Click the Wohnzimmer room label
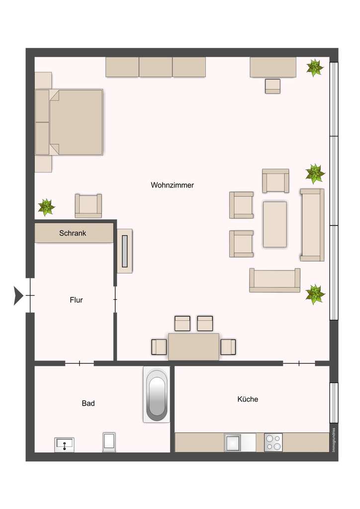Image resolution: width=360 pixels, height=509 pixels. [172, 185]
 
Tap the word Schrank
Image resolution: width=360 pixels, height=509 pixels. [73, 233]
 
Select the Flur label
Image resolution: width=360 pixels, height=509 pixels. [76, 300]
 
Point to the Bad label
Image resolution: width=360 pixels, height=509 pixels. [88, 404]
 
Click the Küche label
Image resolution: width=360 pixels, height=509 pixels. [248, 399]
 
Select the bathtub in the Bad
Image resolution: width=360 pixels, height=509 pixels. [157, 395]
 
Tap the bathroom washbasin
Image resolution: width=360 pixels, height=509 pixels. [64, 444]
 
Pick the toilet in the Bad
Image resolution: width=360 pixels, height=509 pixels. [109, 442]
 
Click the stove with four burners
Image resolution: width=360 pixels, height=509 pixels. [273, 442]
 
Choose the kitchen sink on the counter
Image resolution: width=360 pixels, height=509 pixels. [233, 442]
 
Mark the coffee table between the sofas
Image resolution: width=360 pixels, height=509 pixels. [274, 224]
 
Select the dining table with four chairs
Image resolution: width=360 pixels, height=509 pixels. [193, 346]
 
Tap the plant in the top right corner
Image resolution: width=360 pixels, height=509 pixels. [314, 68]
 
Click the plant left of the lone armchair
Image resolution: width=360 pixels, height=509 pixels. [46, 207]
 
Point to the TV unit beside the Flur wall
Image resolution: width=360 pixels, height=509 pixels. [125, 251]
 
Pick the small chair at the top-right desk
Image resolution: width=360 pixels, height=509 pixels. [272, 86]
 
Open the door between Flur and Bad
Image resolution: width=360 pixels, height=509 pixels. [80, 363]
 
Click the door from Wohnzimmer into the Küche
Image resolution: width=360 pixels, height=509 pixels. [299, 363]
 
